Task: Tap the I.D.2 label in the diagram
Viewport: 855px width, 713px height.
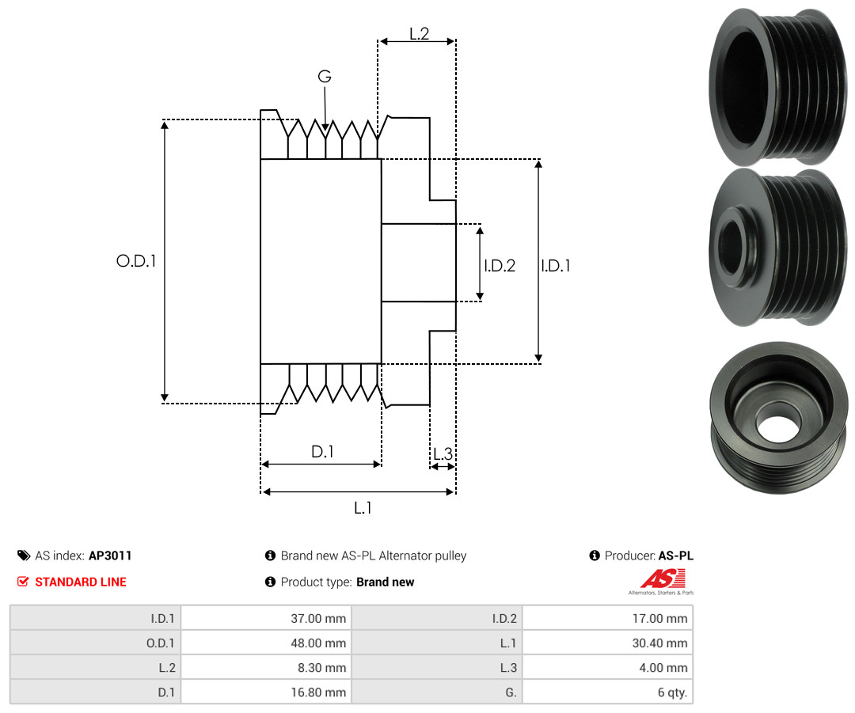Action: pos(500,266)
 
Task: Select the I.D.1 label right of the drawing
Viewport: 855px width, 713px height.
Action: pos(556,266)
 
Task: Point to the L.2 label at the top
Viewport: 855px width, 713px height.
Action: pos(419,33)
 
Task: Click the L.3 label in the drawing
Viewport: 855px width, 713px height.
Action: pos(443,454)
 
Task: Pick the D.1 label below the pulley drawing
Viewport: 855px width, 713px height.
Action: pos(322,452)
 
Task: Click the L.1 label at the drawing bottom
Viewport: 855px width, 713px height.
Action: pos(363,508)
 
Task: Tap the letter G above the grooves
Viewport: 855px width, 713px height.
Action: pos(325,77)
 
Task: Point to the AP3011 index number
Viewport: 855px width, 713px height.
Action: pos(110,556)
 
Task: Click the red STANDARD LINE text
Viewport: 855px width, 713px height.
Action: pos(80,582)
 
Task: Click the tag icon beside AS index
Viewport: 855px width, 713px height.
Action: pos(23,556)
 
